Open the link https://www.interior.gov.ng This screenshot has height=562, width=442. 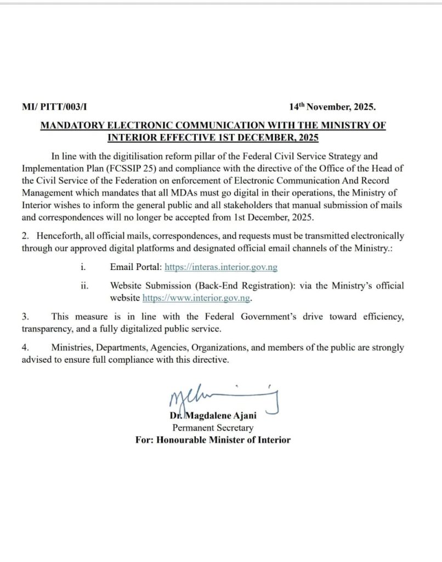pyautogui.click(x=196, y=298)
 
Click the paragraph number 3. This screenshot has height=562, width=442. pyautogui.click(x=25, y=317)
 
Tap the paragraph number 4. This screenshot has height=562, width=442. pyautogui.click(x=25, y=348)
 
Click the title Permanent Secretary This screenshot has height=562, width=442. pyautogui.click(x=213, y=428)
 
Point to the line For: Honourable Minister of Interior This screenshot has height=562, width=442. pyautogui.click(x=213, y=440)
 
